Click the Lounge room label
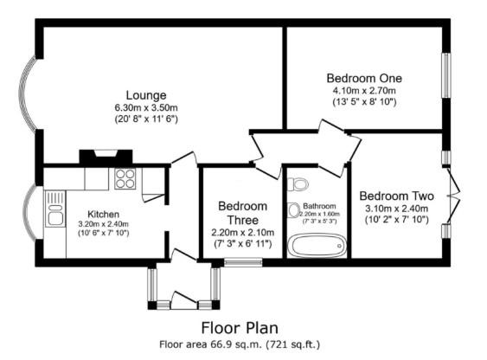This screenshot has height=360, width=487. click(145, 95)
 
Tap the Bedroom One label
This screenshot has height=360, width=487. click(364, 78)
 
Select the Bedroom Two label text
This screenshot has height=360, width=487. click(394, 196)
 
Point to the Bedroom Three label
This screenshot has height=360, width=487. click(242, 213)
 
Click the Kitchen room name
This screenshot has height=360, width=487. click(103, 214)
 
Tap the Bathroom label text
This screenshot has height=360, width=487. click(318, 206)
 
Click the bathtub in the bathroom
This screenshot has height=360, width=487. click(317, 244)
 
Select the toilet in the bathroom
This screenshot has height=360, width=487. click(298, 183)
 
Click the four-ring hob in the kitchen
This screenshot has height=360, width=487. click(125, 179)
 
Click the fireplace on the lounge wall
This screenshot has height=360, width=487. click(105, 157)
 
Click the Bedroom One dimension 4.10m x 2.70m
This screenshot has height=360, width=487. click(364, 90)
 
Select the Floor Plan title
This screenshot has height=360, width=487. click(240, 328)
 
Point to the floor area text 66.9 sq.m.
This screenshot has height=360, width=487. click(240, 344)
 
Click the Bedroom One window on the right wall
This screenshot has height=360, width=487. click(447, 76)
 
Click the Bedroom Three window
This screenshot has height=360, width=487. click(225, 260)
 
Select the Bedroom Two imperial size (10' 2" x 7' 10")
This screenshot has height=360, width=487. click(394, 220)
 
